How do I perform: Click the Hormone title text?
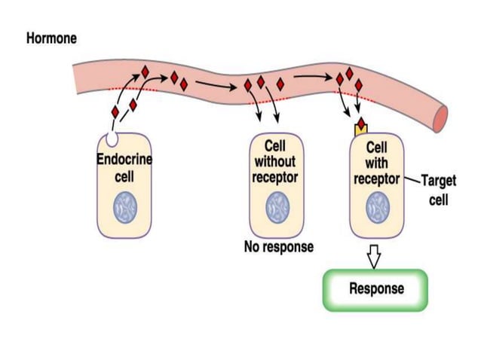click(51, 38)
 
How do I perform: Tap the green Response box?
click(376, 289)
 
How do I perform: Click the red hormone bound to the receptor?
click(362, 122)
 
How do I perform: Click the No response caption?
click(278, 247)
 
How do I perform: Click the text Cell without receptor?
click(275, 161)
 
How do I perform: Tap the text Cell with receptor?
click(376, 161)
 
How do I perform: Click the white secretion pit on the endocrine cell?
click(112, 139)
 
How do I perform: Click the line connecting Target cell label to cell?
click(411, 180)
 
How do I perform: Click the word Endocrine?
click(124, 160)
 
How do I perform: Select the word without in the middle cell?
click(275, 161)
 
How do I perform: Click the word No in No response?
click(252, 247)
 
